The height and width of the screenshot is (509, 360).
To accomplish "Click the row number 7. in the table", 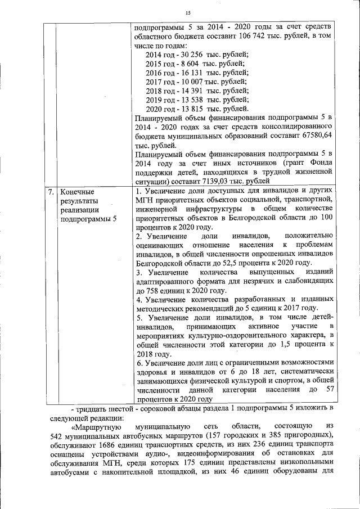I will pos(50,192).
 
